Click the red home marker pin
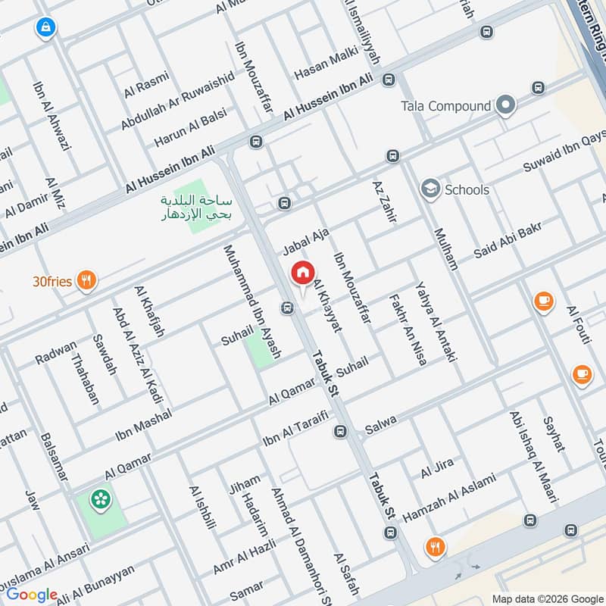[302, 272]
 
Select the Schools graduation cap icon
[431, 189]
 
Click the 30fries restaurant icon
[88, 281]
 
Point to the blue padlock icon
[46, 29]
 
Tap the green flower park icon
[99, 498]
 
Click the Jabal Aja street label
[305, 242]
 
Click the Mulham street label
[446, 248]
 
